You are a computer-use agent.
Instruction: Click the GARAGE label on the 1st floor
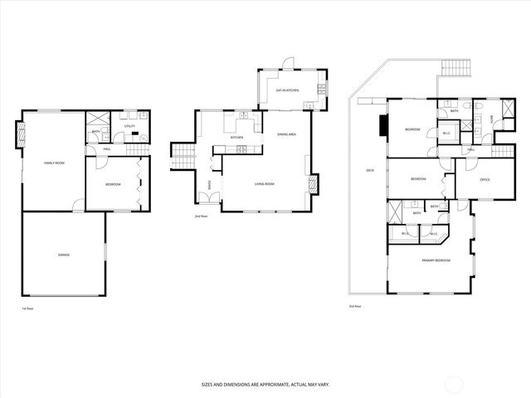[63, 255]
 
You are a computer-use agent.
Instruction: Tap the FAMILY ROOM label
[54, 163]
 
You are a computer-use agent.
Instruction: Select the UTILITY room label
[129, 126]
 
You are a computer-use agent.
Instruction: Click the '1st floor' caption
[27, 308]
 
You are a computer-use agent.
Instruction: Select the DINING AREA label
[287, 133]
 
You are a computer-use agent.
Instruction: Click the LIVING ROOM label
[265, 184]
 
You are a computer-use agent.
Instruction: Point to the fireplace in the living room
[312, 183]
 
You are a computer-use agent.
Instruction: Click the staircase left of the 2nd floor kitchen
[182, 155]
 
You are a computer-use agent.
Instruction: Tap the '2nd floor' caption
[201, 216]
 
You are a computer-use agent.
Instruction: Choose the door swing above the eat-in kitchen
[287, 63]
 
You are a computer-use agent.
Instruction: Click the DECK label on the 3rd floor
[369, 171]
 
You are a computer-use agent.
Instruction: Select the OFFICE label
[485, 179]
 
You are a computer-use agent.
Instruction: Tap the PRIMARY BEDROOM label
[436, 260]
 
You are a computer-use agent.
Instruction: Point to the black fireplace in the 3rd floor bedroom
[382, 125]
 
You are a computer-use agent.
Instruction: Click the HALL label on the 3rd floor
[470, 149]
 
